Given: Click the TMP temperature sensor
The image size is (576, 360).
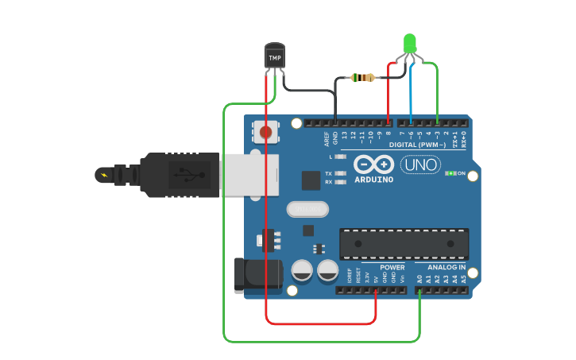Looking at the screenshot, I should click(x=274, y=56).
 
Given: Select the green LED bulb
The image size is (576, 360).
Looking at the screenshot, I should click(x=410, y=43).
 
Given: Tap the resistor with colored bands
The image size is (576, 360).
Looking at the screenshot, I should click(x=363, y=77).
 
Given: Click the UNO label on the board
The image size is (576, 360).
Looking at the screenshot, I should click(x=420, y=165).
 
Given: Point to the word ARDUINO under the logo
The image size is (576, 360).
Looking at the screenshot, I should click(x=373, y=179).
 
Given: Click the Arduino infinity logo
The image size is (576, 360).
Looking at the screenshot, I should click(x=373, y=164).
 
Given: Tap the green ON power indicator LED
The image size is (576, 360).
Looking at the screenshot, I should click(x=450, y=173).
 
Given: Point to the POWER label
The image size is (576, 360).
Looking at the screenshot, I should click(x=392, y=267).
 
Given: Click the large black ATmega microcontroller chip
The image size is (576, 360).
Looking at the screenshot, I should click(x=404, y=244).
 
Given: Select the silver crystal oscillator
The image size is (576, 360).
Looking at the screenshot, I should click(x=307, y=209).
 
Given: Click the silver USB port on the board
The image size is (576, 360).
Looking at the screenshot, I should click(x=250, y=174).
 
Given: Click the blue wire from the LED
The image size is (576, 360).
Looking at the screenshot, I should click(x=411, y=95).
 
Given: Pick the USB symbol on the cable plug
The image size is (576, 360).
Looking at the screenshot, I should click(x=184, y=173).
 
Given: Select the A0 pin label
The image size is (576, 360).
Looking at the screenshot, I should click(x=419, y=279).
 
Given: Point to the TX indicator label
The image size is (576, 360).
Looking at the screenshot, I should click(x=328, y=173).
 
